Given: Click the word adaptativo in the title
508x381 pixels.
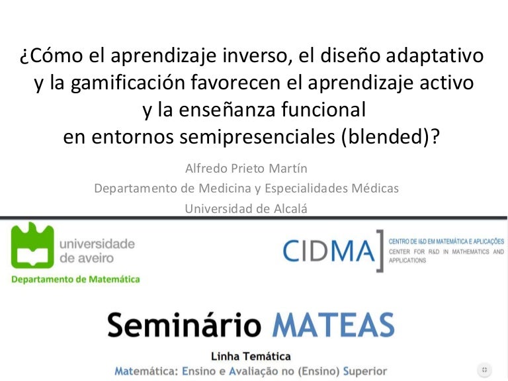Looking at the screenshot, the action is pos(435,56).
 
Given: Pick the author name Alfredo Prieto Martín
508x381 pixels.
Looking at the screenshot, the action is pos(246,169).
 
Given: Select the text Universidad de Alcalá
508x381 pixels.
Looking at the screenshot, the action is pos(246,208).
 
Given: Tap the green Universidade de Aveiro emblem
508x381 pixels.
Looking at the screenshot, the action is pos(32,245).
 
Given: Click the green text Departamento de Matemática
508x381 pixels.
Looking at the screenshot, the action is pos(75,279).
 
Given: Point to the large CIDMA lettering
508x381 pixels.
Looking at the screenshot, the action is pos(328,251).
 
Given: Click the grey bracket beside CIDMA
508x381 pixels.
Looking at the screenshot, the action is pos(380,251).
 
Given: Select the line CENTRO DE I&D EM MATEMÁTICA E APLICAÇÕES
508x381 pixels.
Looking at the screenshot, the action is pos(446,241).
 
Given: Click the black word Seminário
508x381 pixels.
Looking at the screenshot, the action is pos(184,325).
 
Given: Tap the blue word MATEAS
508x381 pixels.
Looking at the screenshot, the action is pos(333,325).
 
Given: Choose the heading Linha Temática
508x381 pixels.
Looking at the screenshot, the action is pos(251,357).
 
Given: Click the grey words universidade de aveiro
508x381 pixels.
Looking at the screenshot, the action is pos(97,251).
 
